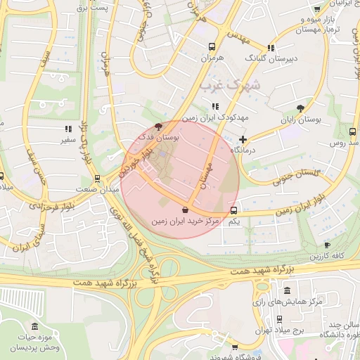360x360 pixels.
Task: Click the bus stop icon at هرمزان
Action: click(x=211, y=46)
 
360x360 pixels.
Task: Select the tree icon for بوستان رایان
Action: click(x=301, y=108)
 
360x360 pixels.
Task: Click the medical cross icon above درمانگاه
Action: click(x=243, y=139)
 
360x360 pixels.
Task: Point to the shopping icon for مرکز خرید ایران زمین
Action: click(x=185, y=210)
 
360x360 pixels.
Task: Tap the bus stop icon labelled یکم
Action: click(x=234, y=210)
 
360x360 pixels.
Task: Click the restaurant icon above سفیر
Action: click(x=68, y=129)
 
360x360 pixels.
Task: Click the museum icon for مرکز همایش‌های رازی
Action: click(x=286, y=291)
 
